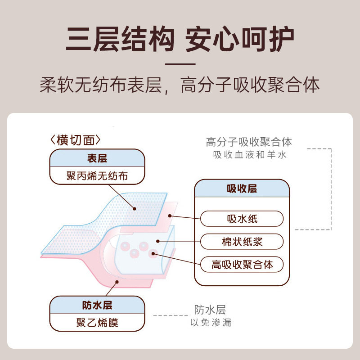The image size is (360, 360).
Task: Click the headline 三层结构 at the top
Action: [120, 40]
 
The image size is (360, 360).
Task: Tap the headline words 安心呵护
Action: [240, 40]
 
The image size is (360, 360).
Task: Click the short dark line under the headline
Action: [180, 63]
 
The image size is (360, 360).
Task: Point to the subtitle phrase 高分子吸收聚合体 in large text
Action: [250, 85]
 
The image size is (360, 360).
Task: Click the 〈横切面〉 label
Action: [76, 140]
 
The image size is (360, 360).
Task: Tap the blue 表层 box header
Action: [97, 158]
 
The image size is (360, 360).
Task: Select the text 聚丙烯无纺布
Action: [97, 175]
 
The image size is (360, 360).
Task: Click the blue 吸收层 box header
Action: [242, 189]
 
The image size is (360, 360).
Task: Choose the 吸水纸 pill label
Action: [242, 219]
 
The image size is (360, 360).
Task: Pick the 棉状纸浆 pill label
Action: [242, 242]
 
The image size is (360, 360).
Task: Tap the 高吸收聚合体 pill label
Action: [242, 264]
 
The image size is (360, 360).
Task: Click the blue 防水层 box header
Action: [97, 305]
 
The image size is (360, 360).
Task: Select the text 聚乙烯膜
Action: [97, 322]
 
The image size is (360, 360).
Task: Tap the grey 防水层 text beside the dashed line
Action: [210, 310]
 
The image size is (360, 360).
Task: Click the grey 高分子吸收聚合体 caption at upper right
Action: [249, 142]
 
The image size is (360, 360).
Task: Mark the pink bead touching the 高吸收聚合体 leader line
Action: [153, 253]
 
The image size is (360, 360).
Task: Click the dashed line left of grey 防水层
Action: [171, 315]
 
